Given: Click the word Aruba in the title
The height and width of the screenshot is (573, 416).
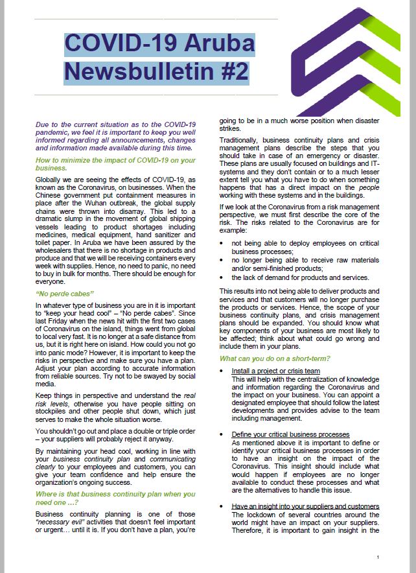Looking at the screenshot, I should point(216,44).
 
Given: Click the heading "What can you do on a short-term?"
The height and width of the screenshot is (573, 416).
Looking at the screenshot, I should point(275,358).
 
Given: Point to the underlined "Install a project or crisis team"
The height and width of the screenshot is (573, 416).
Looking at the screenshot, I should point(276,371).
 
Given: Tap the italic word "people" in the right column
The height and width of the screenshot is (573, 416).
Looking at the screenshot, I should point(367,187).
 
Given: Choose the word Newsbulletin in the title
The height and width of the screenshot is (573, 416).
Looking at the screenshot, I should point(134,71).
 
